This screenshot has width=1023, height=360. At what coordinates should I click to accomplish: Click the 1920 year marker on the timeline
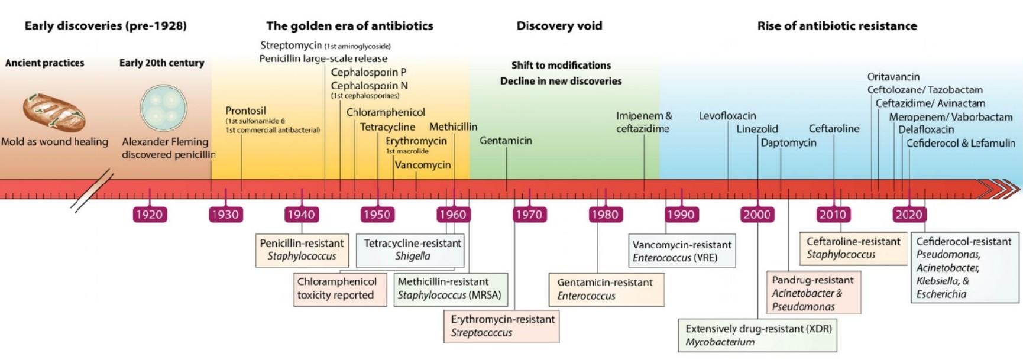tap(149, 215)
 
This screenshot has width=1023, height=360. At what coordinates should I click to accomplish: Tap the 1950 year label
tap(377, 215)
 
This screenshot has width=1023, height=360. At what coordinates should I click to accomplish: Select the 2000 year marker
tap(757, 215)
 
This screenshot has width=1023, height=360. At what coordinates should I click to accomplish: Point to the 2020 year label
tap(909, 215)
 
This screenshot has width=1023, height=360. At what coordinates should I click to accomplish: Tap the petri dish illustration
tap(163, 108)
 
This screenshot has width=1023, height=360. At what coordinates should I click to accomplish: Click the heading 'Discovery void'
tap(559, 26)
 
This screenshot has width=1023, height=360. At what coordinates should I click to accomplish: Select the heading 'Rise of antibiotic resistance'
tap(837, 26)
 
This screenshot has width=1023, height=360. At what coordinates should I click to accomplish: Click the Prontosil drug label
tap(245, 111)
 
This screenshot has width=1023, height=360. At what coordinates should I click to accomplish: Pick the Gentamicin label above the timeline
tap(506, 141)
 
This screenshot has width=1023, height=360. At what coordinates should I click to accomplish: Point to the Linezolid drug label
tap(757, 129)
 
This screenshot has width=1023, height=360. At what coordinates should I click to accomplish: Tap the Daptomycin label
tap(788, 142)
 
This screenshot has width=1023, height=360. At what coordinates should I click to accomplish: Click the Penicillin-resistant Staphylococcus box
tap(302, 249)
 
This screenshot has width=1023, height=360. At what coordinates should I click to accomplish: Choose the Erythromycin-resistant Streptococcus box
tap(501, 326)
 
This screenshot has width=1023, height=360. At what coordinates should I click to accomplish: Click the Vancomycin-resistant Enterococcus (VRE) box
tap(682, 251)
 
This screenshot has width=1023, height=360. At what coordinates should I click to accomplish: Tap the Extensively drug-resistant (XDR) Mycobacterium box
tap(757, 335)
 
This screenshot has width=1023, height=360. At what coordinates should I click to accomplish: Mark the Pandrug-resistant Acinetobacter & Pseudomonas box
tap(813, 293)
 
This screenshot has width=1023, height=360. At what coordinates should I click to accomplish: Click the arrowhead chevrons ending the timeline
tap(999, 189)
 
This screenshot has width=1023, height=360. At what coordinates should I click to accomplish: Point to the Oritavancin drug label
tap(893, 77)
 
